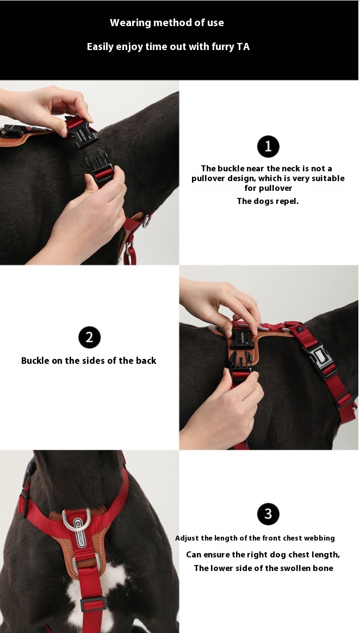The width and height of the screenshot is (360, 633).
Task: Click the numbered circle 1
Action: point(268,146)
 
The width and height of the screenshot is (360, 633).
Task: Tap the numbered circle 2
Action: point(89,337)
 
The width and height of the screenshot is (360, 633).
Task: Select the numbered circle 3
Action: point(268,514)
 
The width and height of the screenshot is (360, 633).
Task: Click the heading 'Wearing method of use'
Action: point(167,23)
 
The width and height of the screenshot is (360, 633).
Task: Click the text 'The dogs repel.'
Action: point(268,201)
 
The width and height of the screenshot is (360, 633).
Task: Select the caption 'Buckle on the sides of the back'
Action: point(89,361)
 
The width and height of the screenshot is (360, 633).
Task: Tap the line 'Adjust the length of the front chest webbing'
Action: point(255,538)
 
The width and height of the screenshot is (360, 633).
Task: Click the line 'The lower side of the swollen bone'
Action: point(264,568)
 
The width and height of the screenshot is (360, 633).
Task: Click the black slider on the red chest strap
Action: point(93,604)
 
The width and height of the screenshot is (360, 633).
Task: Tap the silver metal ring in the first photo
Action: point(146,220)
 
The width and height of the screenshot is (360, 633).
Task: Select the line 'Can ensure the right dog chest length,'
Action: point(263,555)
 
